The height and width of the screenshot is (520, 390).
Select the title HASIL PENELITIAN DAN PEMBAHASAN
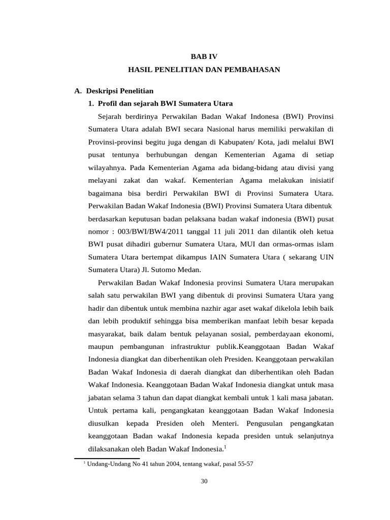(204, 69)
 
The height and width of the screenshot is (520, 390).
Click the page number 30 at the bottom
(204, 481)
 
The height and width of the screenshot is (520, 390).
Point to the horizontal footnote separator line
(114, 458)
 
